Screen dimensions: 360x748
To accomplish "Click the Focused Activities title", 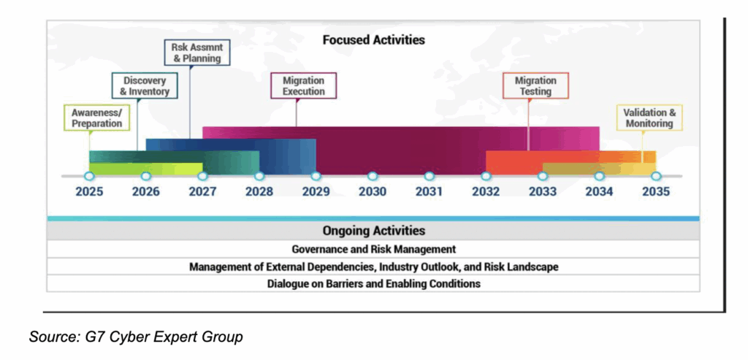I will pos(373,39).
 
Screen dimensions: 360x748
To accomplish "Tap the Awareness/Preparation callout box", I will pos(96,118).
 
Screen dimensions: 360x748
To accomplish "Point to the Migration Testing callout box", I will pos(535,86).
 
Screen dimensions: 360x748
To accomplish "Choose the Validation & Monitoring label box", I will pos(649,118).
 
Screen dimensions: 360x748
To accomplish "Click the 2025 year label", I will pos(89,192).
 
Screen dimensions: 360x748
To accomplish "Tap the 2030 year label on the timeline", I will pos(373,192).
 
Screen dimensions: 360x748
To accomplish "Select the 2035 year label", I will pos(655,192).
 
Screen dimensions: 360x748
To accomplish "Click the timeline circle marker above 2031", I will pos(430,176).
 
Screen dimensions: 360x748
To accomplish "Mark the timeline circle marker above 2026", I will pos(146,176).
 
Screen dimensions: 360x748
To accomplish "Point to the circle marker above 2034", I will pos(599,176).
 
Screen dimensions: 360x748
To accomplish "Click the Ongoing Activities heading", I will pos(373,231).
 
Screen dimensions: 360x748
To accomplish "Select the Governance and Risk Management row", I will pos(373,249).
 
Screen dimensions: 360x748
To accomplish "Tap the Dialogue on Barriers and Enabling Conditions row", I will pos(373,283).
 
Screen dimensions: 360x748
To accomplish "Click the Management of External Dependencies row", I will pos(373,267).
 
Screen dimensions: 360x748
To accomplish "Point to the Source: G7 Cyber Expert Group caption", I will pos(136,337).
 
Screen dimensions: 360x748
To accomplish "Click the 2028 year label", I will pos(259,192).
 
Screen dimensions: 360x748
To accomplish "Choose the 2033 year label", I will pos(542,192).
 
